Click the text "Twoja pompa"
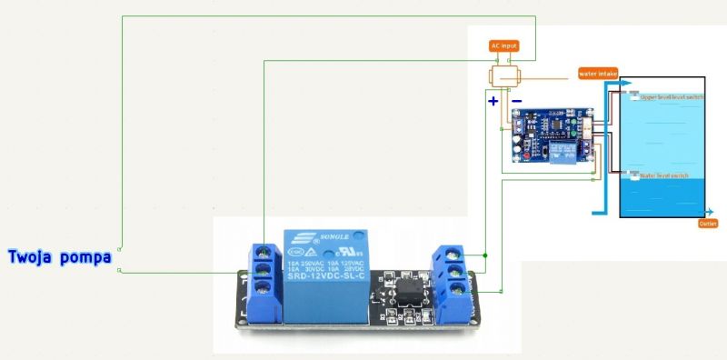click(59, 256)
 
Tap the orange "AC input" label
click(504, 45)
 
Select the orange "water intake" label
click(598, 74)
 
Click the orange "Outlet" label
click(709, 223)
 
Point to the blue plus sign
click(493, 100)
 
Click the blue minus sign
click(516, 100)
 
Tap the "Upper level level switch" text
click(672, 96)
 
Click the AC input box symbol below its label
click(504, 75)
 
